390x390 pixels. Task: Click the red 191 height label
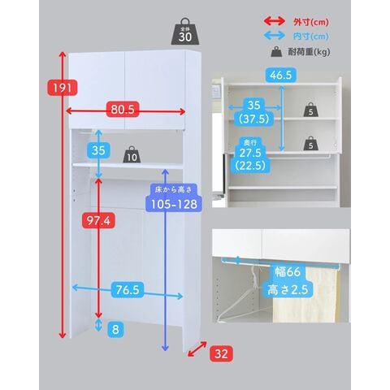click(x=63, y=88)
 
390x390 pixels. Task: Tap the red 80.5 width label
click(x=123, y=110)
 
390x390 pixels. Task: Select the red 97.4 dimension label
click(x=98, y=220)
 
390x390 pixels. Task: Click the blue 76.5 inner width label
click(x=128, y=290)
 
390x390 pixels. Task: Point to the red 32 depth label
click(x=221, y=353)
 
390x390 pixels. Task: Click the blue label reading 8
click(x=115, y=330)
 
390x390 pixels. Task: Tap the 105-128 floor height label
click(x=174, y=204)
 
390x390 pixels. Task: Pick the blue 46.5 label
click(x=281, y=75)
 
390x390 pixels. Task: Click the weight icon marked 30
click(x=185, y=32)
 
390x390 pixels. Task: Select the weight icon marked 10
click(x=132, y=154)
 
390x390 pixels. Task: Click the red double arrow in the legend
click(x=275, y=21)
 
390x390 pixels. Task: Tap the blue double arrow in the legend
click(x=275, y=36)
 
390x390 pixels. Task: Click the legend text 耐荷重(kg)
click(x=309, y=51)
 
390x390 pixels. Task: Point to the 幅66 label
click(x=288, y=272)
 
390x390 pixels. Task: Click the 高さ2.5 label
click(x=288, y=289)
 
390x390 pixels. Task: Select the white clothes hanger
click(x=245, y=298)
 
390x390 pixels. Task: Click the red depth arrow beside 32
click(x=197, y=349)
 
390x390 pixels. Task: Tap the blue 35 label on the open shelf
click(x=98, y=150)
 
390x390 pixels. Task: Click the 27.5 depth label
click(x=249, y=153)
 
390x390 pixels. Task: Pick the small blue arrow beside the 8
click(x=98, y=325)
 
